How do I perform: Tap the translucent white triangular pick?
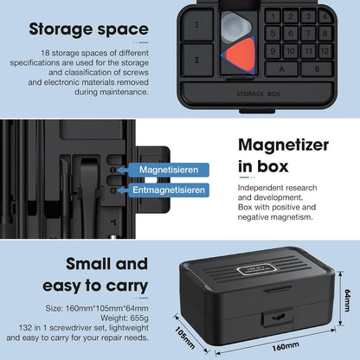click(235, 27)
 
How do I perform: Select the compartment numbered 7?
click(308, 34)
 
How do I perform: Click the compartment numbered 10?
click(290, 51)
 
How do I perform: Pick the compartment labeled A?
click(281, 68)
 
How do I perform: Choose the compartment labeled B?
click(317, 68)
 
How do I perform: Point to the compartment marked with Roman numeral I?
click(197, 24)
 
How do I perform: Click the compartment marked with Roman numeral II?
click(197, 60)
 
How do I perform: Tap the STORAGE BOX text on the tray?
click(258, 93)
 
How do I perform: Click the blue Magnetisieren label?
click(169, 170)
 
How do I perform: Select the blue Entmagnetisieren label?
click(169, 190)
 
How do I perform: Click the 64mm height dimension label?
click(347, 300)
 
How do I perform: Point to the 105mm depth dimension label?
click(185, 337)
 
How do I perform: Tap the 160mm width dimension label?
click(286, 346)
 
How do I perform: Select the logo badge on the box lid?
click(256, 269)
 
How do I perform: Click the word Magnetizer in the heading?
click(284, 145)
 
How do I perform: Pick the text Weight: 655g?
click(125, 318)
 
